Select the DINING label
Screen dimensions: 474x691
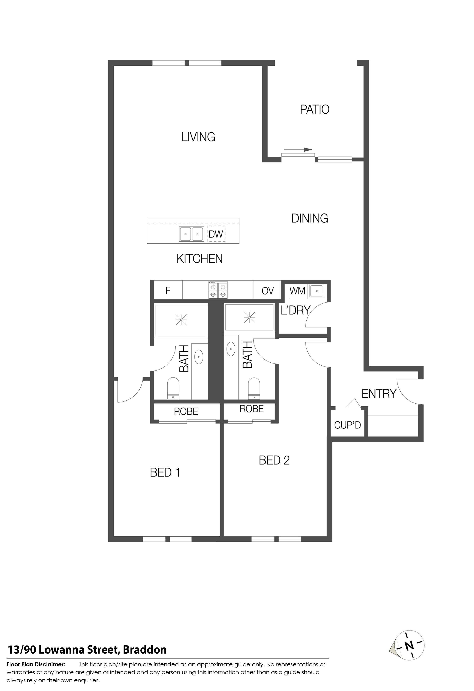[x=310, y=218]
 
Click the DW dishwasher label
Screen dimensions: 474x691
[x=216, y=234]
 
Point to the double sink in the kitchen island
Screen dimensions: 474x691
[x=191, y=234]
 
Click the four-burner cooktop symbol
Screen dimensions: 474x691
[x=218, y=290]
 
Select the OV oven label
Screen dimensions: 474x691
[x=268, y=291]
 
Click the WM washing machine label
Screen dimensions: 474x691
[x=297, y=291]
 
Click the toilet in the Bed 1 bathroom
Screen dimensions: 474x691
[x=173, y=388]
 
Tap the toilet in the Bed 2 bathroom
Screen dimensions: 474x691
[x=254, y=388]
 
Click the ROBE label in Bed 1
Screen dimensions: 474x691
[x=186, y=411]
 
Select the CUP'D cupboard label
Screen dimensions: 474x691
[x=347, y=425]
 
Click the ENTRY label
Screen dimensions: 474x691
[x=379, y=394]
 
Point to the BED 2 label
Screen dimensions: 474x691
[x=274, y=460]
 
